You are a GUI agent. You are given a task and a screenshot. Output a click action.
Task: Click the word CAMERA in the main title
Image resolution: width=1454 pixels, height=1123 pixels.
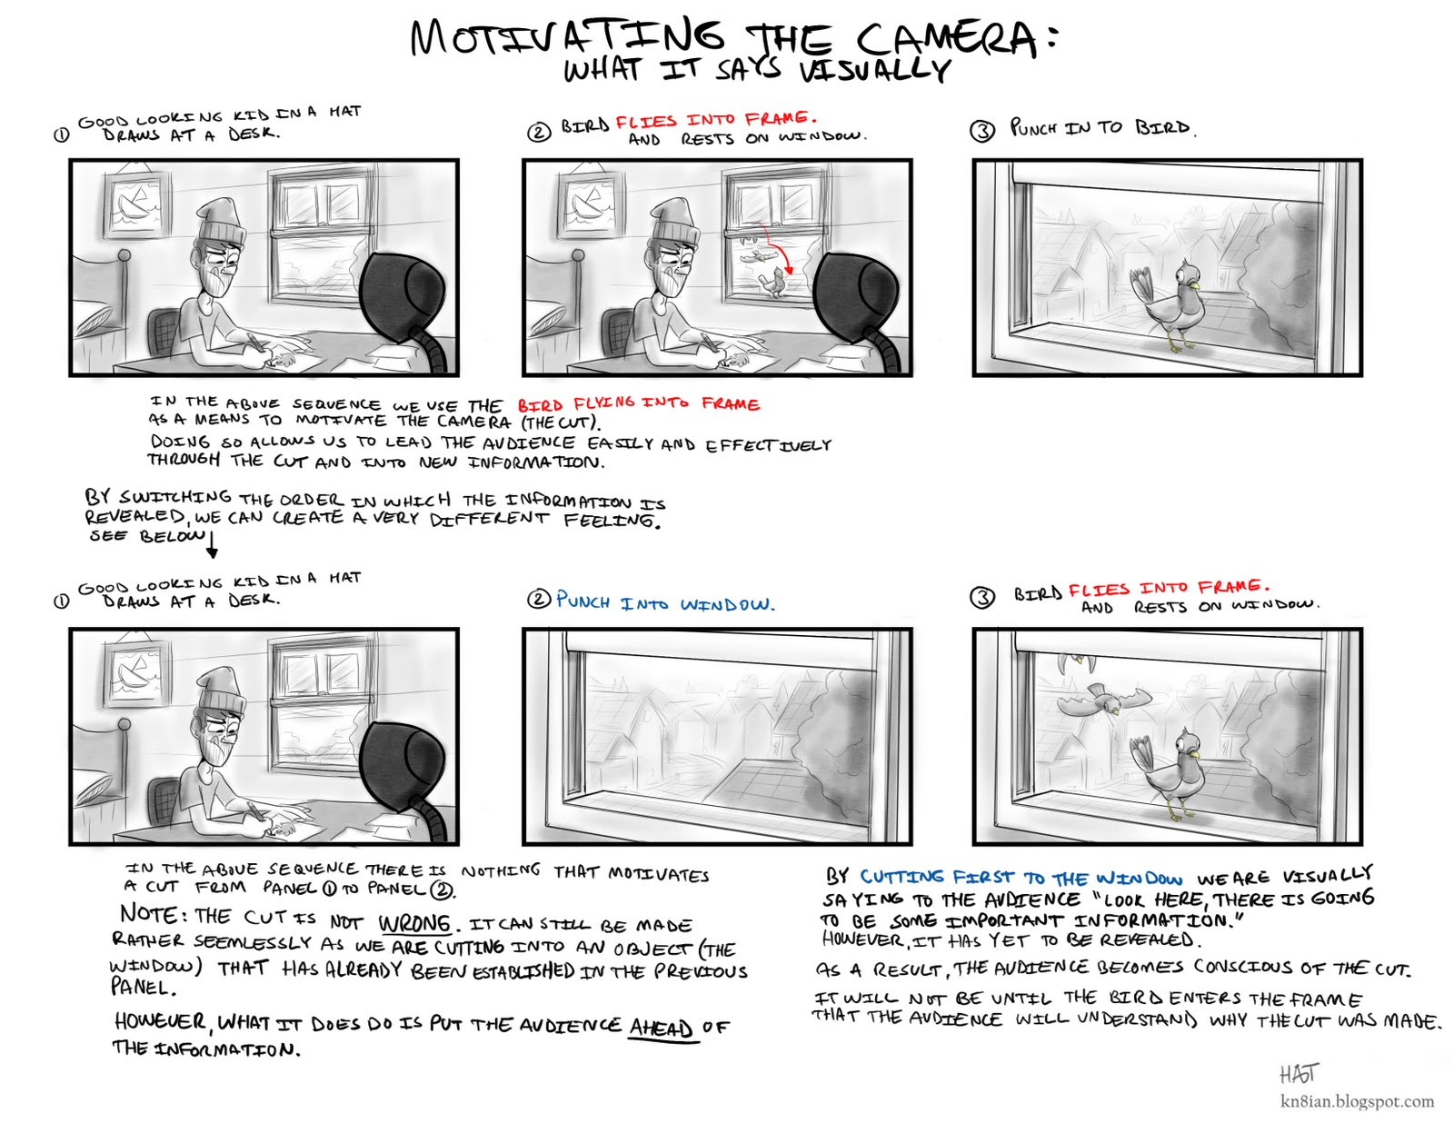[945, 38]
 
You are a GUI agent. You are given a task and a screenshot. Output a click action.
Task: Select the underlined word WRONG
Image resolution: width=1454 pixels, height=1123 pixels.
[414, 924]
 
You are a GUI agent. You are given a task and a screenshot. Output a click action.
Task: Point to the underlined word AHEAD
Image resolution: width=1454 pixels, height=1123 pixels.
[661, 1028]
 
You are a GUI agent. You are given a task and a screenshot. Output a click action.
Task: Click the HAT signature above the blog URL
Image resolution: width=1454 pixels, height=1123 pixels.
[1299, 1074]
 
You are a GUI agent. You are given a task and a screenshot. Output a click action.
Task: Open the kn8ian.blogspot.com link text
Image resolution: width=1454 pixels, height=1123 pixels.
[1357, 1101]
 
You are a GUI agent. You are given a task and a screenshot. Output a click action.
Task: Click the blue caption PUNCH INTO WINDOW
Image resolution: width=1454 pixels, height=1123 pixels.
[664, 602]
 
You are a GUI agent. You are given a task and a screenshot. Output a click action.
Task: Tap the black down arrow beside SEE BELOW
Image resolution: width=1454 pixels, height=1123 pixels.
[213, 545]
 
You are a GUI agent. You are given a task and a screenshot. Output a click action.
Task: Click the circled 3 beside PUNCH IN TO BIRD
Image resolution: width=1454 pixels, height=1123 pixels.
[982, 131]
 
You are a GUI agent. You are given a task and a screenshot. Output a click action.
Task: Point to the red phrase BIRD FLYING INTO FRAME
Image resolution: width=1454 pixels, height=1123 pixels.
[638, 403]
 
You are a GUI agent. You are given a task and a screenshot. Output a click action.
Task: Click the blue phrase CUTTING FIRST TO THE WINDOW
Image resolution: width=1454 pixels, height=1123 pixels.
[1021, 878]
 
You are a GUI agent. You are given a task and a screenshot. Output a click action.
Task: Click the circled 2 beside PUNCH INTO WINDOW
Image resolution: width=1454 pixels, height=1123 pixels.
[539, 600]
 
